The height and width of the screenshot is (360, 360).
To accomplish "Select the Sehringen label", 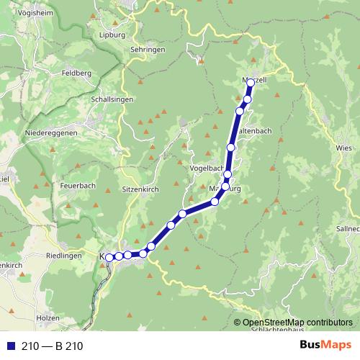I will (x=148, y=50).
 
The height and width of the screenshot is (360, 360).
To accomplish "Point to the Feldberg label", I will (x=76, y=73).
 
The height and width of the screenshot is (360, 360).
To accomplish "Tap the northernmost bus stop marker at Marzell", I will (x=250, y=83).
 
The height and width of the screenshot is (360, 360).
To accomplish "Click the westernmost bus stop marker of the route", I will (x=109, y=257).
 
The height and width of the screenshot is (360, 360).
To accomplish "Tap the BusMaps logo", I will (x=321, y=345).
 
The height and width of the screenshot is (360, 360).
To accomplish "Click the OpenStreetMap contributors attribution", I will (x=297, y=323).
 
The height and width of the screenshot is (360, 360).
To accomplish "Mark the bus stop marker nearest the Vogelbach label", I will (x=228, y=174).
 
